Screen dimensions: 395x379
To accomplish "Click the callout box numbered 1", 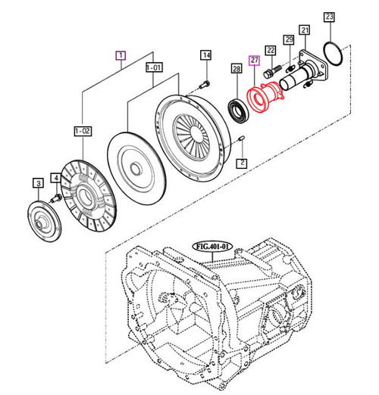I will (119, 54).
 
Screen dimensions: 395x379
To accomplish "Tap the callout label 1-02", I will (82, 132).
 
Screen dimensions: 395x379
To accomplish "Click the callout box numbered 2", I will (242, 162).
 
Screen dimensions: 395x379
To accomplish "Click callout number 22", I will (270, 49).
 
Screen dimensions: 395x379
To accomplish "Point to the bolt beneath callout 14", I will (206, 82).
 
